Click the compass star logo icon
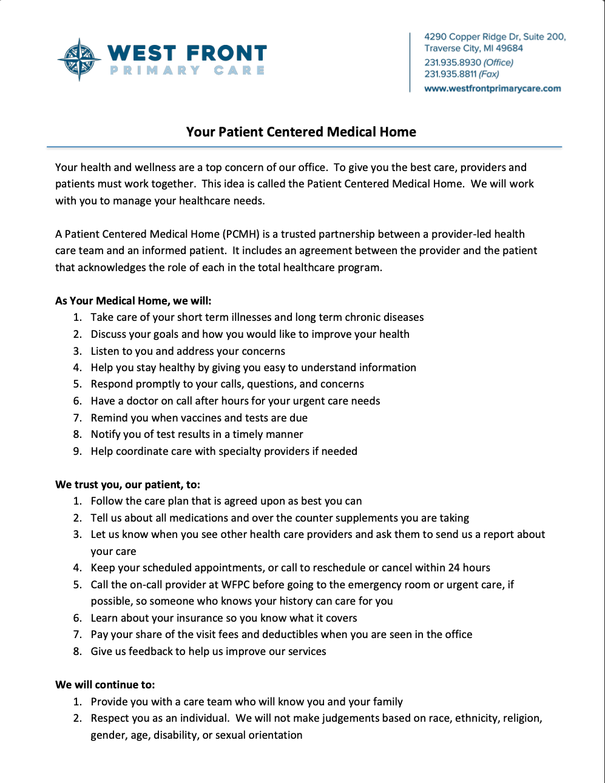[79, 59]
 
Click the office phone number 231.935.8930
[453, 62]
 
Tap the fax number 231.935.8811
[450, 74]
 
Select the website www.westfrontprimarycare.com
[492, 89]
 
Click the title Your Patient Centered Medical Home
[301, 132]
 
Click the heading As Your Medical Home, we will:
[133, 301]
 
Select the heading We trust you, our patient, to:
[127, 485]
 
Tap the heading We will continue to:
[105, 685]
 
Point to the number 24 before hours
[454, 568]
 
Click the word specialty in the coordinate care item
[231, 451]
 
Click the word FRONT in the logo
[226, 53]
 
